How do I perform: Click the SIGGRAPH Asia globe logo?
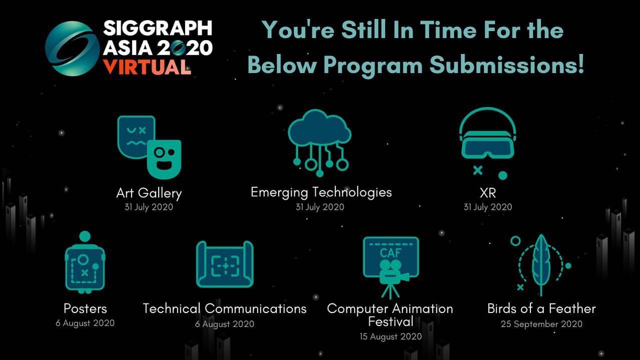pos(72,49)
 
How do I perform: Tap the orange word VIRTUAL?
pos(147,66)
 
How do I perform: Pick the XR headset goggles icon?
pos(487,140)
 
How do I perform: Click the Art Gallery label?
pos(149,193)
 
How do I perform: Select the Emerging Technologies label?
pos(321,192)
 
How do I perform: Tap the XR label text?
pos(487,193)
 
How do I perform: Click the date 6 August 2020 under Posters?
pos(85,323)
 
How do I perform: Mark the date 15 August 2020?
pos(390,336)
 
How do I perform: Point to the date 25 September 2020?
pos(541,324)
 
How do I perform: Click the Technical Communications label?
pos(225,308)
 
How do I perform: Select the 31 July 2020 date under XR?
pos(487,207)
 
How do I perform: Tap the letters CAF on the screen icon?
pos(390,253)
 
